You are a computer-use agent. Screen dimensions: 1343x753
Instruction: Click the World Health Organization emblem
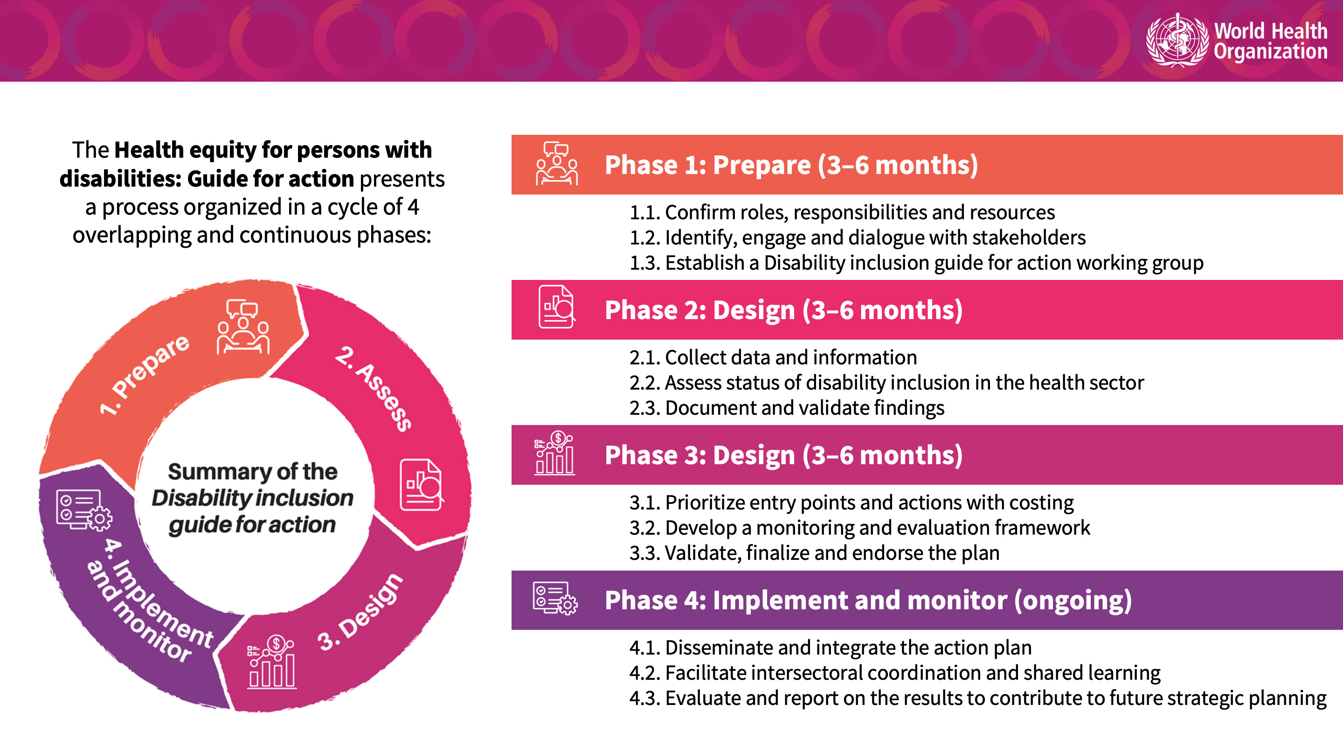tap(1177, 40)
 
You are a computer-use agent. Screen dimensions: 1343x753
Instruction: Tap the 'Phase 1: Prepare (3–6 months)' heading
tap(791, 165)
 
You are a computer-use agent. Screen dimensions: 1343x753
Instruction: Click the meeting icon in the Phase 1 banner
tap(557, 163)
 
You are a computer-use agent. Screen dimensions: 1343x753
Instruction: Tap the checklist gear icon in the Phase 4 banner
tap(555, 598)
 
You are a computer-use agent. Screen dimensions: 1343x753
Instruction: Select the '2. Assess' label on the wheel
tap(373, 388)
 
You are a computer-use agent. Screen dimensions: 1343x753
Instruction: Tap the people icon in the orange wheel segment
tap(243, 327)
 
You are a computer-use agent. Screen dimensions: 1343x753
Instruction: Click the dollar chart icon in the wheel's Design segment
tap(271, 662)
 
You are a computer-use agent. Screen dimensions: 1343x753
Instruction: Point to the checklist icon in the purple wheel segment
tap(84, 510)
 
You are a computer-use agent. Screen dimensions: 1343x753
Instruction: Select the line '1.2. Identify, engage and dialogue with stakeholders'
tap(857, 238)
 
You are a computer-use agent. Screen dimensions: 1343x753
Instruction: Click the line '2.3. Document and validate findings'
tap(787, 408)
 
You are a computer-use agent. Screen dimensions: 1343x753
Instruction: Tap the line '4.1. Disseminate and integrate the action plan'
tap(831, 648)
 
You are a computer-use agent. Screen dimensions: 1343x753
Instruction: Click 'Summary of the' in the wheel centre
tap(252, 471)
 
